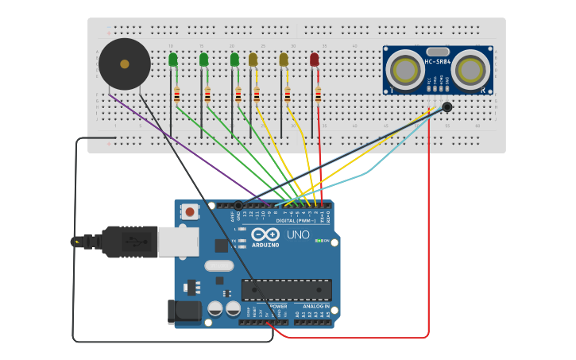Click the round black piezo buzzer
tap(124, 64)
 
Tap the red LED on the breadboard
tap(315, 60)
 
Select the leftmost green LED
tap(173, 60)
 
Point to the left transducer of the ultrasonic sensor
tap(406, 68)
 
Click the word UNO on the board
tap(298, 235)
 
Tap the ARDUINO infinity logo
tap(266, 235)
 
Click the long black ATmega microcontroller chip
tap(286, 289)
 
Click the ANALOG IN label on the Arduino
tap(315, 306)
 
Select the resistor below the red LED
tap(318, 95)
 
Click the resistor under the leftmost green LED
tap(176, 95)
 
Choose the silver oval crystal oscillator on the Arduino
tap(219, 266)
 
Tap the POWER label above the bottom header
tap(277, 306)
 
